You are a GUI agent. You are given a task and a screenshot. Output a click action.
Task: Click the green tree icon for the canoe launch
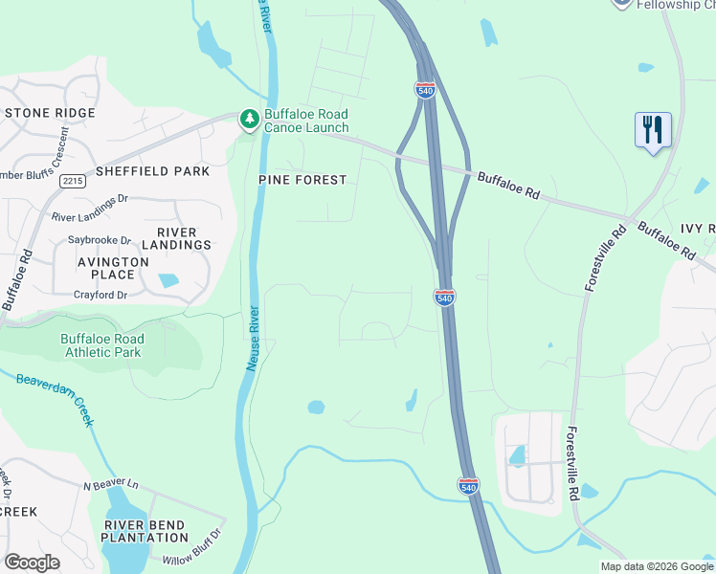pos(250,119)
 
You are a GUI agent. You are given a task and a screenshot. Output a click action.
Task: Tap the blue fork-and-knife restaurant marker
pos(653,130)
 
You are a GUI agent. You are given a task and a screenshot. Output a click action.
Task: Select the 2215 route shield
pos(72,181)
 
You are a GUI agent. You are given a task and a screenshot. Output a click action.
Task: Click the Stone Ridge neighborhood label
pos(50,113)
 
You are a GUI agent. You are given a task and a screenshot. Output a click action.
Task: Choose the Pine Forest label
pos(302,180)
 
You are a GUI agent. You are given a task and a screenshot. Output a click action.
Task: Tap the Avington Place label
pos(113,269)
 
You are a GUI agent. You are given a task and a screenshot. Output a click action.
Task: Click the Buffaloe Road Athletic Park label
pos(101,345)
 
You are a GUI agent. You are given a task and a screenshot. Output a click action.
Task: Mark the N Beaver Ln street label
pos(111,486)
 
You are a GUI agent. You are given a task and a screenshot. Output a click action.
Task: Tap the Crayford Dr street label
pos(101,296)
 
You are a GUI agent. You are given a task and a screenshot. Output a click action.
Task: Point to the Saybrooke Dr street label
pos(100,240)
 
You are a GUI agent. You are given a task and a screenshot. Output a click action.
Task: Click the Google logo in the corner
pos(32,563)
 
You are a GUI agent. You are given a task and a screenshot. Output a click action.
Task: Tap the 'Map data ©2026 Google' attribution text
pos(656,566)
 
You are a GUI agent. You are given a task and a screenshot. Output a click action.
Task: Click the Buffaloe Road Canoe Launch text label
pos(306,120)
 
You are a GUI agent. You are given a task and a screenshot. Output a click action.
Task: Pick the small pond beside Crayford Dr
pos(168,281)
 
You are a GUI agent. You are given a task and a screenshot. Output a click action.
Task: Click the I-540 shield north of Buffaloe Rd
pos(425,89)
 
